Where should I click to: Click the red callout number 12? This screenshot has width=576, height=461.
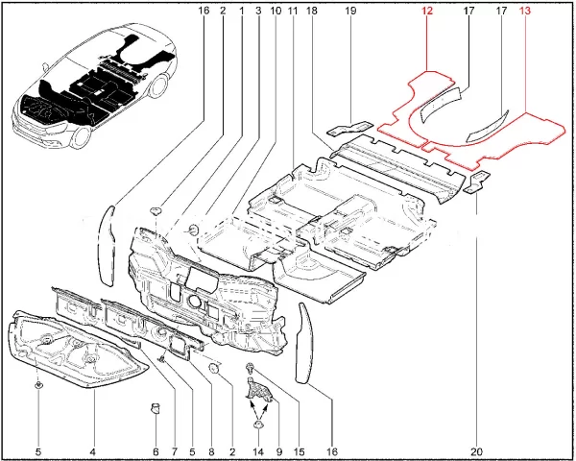click(x=427, y=11)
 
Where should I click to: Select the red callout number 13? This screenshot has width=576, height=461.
click(x=524, y=11)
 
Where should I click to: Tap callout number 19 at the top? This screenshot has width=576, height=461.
click(x=350, y=11)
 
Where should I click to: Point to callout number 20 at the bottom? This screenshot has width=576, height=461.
click(x=478, y=451)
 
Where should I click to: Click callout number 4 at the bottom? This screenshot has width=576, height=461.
click(x=92, y=451)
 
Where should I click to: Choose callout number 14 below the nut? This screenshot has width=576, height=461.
click(x=258, y=451)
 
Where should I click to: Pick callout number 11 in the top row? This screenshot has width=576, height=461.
click(x=293, y=11)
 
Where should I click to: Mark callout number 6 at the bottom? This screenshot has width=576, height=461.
click(x=156, y=451)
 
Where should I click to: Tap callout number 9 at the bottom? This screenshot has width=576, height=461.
click(x=279, y=451)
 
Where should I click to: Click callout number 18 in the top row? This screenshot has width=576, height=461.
click(x=311, y=11)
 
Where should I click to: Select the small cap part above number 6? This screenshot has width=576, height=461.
click(x=156, y=407)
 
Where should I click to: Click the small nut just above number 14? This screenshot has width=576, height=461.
click(x=258, y=425)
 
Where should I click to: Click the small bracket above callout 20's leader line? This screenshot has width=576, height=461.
click(x=477, y=182)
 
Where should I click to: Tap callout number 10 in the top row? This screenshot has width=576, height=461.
click(x=276, y=11)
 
